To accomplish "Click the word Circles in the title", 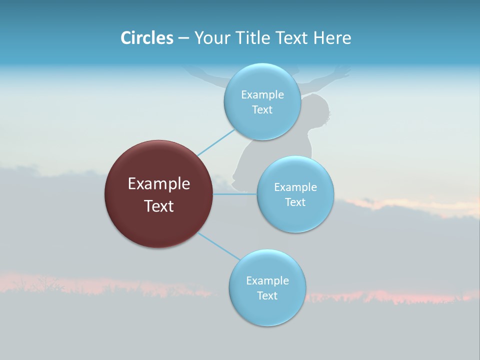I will (147, 38).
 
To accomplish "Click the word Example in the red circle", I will (159, 184).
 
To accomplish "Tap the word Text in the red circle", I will (159, 206).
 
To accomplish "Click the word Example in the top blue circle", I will (262, 95).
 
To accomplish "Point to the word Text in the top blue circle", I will (262, 110).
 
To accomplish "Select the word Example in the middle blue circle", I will (295, 187).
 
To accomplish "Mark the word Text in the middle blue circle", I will (295, 202).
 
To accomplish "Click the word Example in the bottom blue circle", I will (267, 281).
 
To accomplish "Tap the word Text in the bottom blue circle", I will (267, 296).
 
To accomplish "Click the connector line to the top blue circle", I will (216, 142).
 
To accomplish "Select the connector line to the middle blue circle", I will (235, 193).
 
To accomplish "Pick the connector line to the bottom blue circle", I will (218, 246).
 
